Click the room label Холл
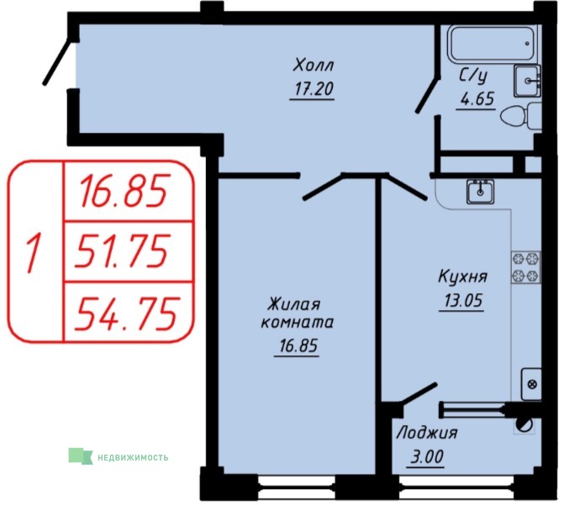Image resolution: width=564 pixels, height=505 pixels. [x=314, y=66]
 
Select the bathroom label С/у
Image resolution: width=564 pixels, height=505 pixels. [x=473, y=76]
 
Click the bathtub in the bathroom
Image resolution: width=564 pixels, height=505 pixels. [x=493, y=44]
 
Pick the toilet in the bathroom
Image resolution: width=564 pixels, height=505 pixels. [x=521, y=115]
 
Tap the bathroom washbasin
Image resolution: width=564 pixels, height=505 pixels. [x=527, y=81]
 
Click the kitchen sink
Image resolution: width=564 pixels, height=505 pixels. [x=480, y=192]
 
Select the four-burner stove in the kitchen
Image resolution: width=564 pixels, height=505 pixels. [x=526, y=267]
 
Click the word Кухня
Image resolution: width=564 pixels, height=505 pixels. [x=463, y=277]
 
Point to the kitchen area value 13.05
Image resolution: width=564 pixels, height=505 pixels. [x=463, y=300]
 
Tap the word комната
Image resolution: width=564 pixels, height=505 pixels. [x=297, y=323]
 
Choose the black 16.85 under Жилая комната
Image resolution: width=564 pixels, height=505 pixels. [x=298, y=346]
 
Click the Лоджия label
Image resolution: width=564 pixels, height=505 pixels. [x=427, y=433]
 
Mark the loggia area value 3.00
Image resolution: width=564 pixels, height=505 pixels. [x=427, y=457]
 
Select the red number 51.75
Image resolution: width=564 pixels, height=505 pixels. [x=121, y=250]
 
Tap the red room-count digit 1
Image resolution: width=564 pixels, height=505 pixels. [x=33, y=252]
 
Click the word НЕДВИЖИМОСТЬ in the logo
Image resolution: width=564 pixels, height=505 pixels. [x=133, y=457]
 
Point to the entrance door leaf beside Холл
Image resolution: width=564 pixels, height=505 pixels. [x=57, y=62]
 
